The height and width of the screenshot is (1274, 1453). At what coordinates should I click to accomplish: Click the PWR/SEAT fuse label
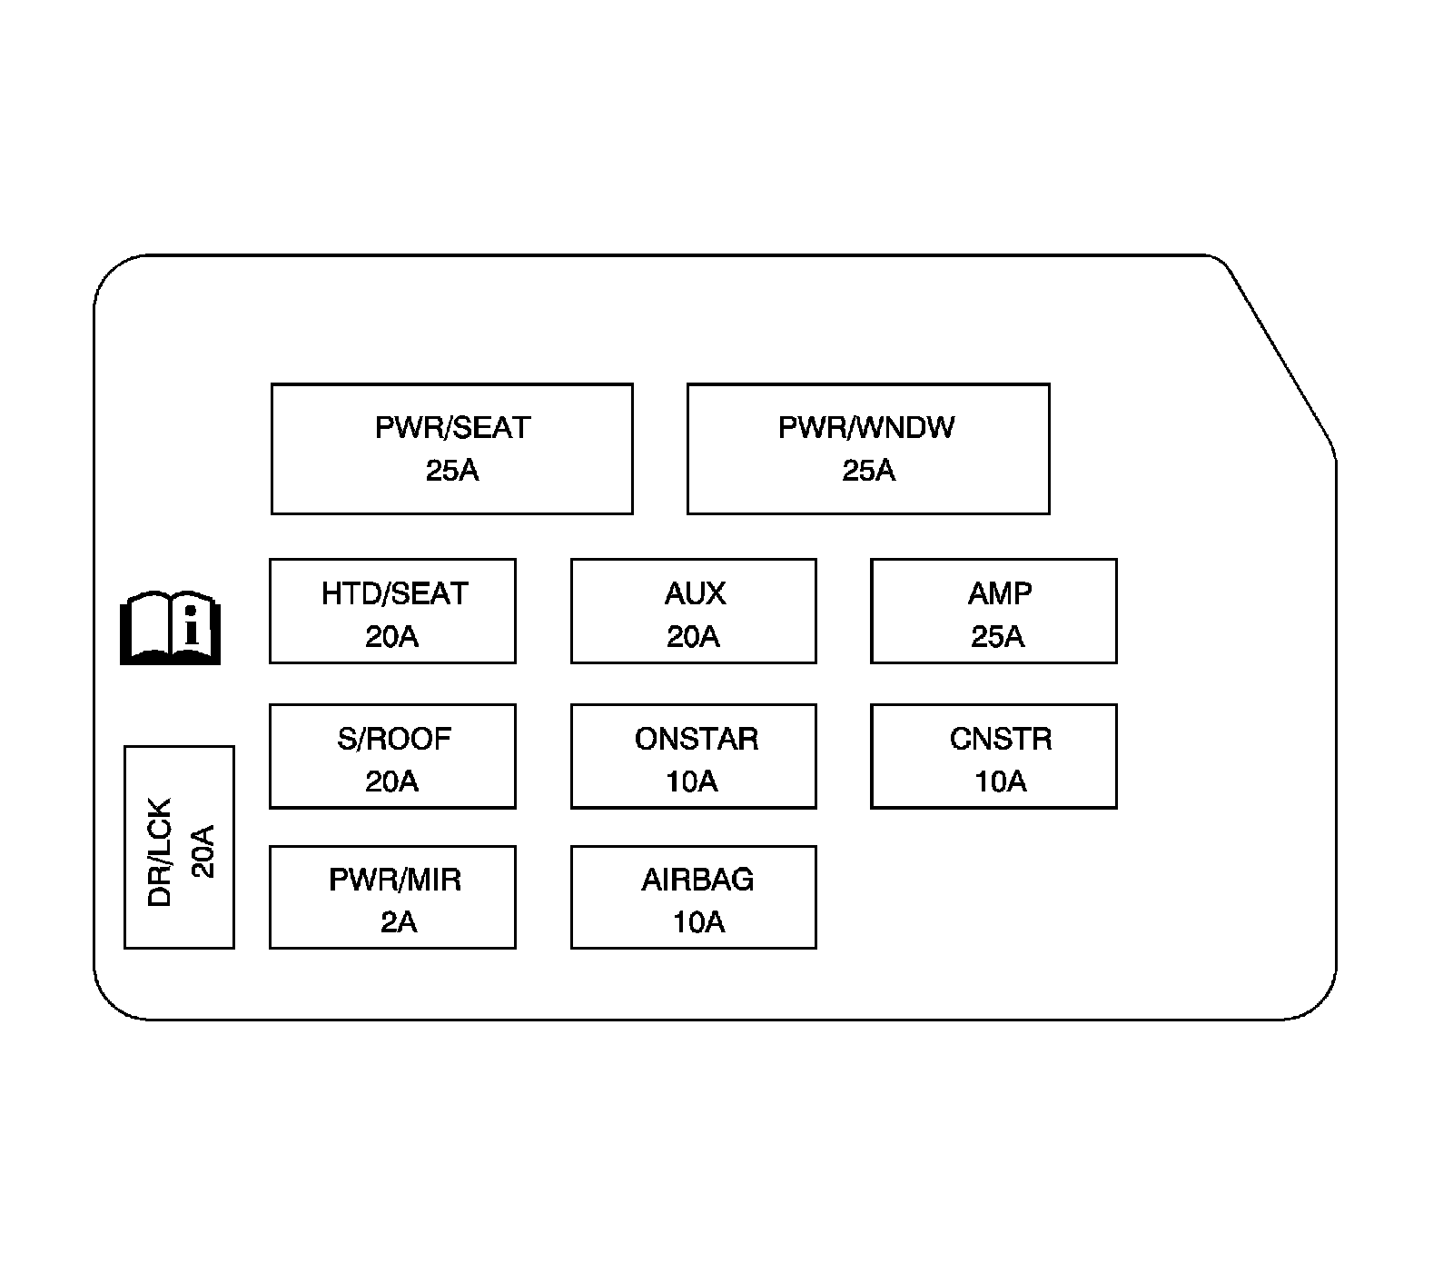[452, 427]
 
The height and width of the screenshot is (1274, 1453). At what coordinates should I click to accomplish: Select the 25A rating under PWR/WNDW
[868, 471]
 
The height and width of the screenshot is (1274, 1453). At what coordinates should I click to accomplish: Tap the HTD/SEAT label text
[394, 593]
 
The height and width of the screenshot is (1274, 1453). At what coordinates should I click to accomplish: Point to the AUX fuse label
[695, 593]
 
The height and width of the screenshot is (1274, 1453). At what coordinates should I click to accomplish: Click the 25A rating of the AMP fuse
[997, 637]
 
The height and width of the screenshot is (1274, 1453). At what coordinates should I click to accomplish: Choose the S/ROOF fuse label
[394, 739]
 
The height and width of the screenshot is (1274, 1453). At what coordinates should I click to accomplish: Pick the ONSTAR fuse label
[696, 739]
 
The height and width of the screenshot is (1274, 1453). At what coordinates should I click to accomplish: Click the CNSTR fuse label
[1001, 739]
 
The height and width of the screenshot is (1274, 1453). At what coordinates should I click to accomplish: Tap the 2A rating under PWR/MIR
[398, 922]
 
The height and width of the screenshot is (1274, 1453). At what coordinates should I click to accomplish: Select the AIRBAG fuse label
[697, 880]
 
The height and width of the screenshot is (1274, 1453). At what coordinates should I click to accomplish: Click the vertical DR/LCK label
[160, 852]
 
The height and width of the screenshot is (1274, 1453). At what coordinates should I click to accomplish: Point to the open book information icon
[171, 629]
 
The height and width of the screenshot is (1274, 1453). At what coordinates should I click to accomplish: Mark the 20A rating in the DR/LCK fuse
[204, 851]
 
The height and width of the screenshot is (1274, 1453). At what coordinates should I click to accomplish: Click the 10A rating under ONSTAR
[692, 781]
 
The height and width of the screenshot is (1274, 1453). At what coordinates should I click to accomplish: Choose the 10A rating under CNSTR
[1000, 781]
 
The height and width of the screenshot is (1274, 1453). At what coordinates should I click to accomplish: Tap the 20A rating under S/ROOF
[391, 781]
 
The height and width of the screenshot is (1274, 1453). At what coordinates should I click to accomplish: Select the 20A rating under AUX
[693, 637]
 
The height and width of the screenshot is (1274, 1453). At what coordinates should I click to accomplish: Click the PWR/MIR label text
[395, 880]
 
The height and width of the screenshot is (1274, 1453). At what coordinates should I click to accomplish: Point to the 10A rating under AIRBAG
[698, 922]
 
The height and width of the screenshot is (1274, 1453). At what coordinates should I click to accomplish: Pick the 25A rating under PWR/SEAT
[452, 471]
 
